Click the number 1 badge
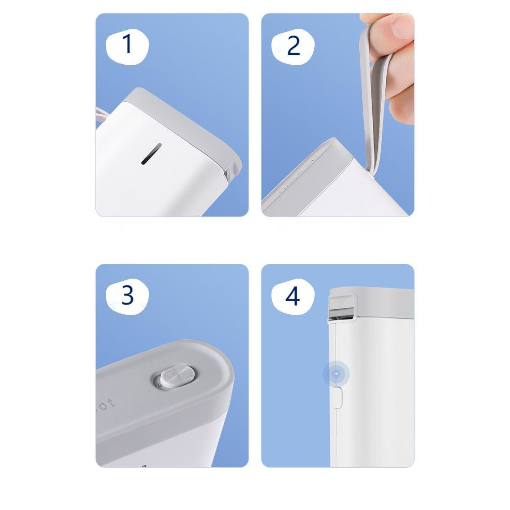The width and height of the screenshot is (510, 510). click(x=127, y=44)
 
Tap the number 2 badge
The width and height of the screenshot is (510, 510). click(x=293, y=45)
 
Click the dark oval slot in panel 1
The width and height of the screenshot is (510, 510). click(x=151, y=154)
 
